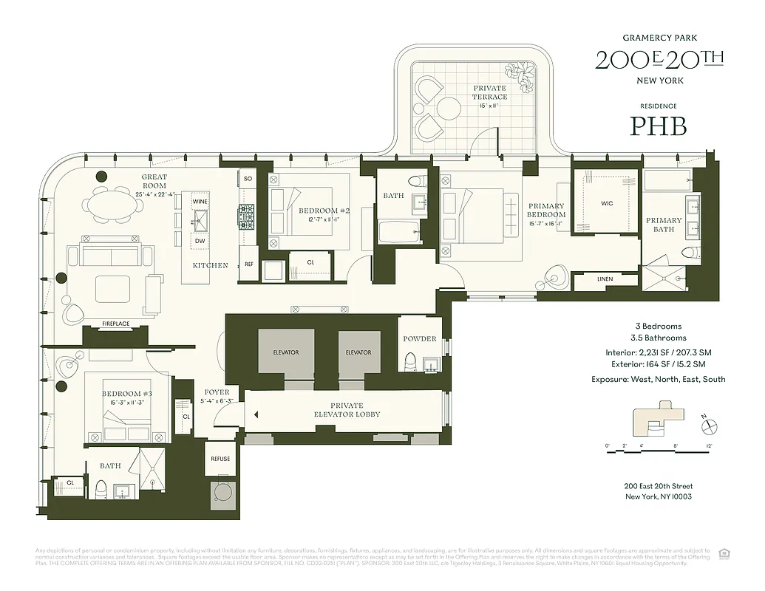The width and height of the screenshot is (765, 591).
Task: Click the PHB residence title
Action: tap(658, 126)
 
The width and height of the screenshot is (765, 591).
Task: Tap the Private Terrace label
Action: tap(489, 92)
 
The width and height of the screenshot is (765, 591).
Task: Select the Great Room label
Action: tap(154, 182)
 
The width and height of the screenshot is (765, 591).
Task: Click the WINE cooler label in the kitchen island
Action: tap(200, 201)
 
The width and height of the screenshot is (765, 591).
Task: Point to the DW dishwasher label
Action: tap(200, 241)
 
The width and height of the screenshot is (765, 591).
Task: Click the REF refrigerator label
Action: tap(248, 264)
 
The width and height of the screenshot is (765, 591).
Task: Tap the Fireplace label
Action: tap(116, 323)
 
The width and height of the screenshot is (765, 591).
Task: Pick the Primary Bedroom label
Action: tap(546, 211)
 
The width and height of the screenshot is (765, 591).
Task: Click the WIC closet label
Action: tap(607, 202)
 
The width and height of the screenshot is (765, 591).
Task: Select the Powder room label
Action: tap(420, 339)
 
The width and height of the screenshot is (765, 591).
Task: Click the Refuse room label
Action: tap(220, 459)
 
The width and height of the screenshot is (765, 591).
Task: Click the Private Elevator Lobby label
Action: tap(347, 410)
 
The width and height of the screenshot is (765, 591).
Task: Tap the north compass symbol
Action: tap(710, 426)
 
